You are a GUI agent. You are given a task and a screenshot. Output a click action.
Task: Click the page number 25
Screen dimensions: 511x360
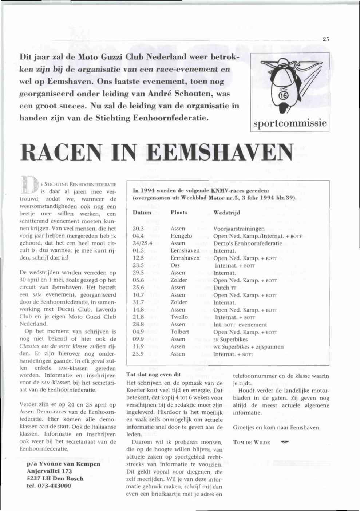(326, 39)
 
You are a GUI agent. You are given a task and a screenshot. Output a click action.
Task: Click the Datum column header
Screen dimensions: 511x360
(142, 213)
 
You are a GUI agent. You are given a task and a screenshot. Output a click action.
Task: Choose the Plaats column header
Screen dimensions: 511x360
(179, 213)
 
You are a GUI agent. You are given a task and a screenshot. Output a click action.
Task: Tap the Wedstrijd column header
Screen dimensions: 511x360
(226, 213)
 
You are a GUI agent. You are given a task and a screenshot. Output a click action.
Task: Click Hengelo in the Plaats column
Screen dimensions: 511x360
(181, 236)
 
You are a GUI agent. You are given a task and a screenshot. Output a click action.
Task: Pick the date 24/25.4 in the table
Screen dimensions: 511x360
(142, 243)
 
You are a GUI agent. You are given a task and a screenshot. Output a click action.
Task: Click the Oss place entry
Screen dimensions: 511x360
(175, 265)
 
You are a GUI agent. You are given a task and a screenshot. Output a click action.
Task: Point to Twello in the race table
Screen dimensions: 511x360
(179, 317)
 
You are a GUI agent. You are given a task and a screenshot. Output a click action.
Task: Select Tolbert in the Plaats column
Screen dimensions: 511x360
(179, 332)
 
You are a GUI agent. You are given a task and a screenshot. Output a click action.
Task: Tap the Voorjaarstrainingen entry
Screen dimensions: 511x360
(239, 229)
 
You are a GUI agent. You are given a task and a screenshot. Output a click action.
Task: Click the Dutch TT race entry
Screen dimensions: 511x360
(225, 288)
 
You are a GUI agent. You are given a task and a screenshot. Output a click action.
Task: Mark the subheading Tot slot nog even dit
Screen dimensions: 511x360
(153, 374)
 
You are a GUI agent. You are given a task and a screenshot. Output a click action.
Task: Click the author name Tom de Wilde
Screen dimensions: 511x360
(252, 443)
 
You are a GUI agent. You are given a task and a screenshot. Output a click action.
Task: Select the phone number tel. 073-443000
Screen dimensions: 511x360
(49, 486)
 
